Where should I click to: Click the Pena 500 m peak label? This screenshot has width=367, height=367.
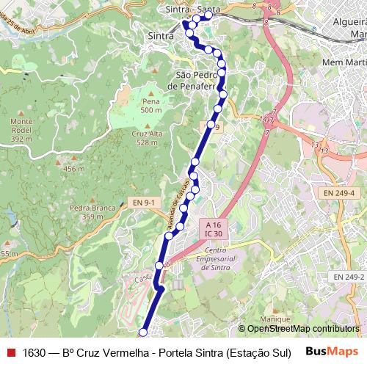pos(150,106)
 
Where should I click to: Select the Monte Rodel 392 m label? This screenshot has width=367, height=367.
pos(22,129)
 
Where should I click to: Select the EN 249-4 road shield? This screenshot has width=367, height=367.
pos(339,193)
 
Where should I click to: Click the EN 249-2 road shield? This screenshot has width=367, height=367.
pos(349,277)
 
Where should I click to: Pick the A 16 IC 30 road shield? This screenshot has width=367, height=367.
pos(214,228)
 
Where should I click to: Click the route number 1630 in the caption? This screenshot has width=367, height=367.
pos(34,352)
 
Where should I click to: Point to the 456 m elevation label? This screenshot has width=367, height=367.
pos(74,170)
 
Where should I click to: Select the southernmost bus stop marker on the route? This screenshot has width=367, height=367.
pos(142,333)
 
